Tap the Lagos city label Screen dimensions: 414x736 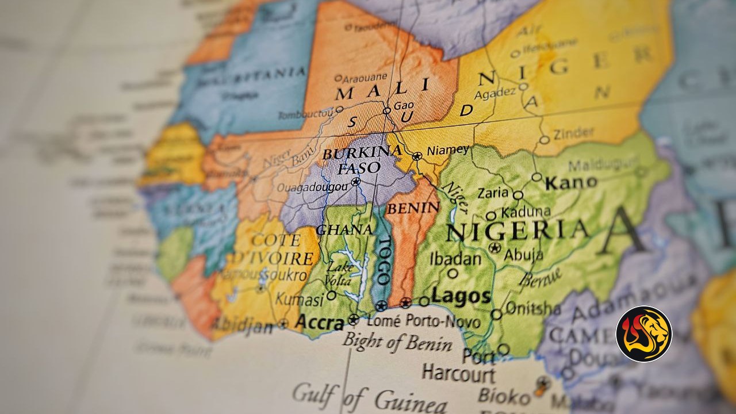click(x=461, y=297)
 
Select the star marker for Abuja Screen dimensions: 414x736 click(x=494, y=248)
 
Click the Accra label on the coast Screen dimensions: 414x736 click(x=319, y=323)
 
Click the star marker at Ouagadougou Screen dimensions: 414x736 click(x=356, y=182)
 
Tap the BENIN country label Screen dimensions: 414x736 click(x=412, y=208)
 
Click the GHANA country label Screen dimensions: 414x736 click(x=344, y=230)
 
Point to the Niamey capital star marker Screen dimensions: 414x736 click(x=417, y=156)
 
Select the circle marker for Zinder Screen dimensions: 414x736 click(x=544, y=140)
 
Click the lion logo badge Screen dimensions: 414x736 click(x=643, y=334)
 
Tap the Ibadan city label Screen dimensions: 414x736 click(x=455, y=259)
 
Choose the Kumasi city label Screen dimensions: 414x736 click(x=299, y=299)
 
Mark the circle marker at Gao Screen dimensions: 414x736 click(x=386, y=110)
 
